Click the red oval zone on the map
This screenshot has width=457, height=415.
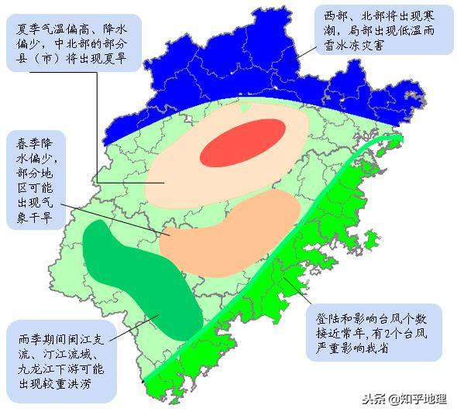(242, 142)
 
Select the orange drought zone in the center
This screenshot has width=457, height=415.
(232, 232)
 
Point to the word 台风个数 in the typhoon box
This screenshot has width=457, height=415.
(406, 317)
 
